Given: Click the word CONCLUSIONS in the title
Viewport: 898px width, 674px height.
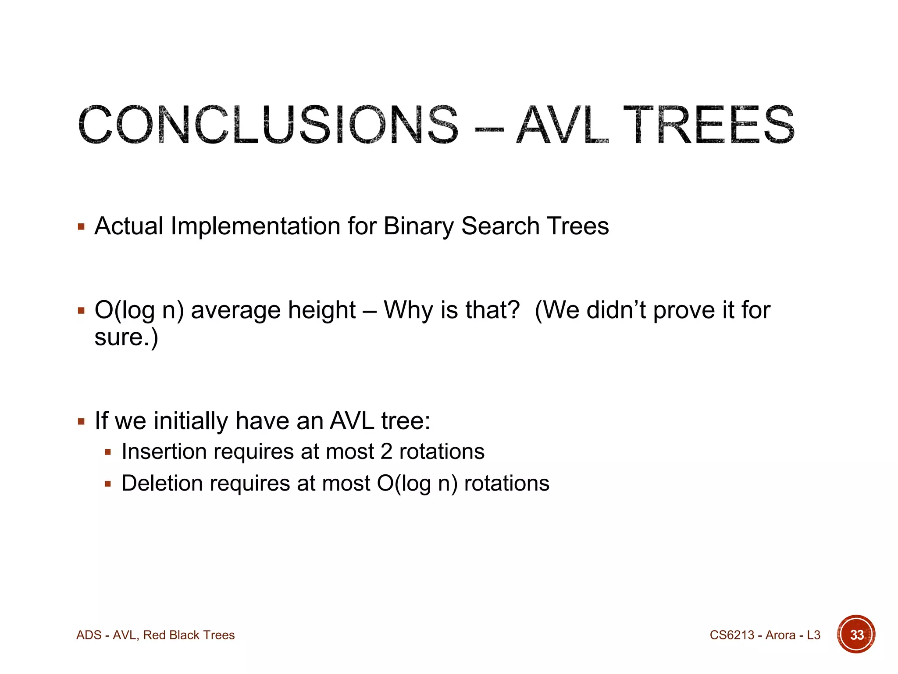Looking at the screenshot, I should (268, 125).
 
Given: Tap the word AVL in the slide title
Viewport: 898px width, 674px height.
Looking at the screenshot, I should (563, 125).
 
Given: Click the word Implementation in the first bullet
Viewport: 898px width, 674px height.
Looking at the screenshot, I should (255, 227).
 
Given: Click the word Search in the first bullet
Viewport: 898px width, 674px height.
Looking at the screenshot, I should (500, 226).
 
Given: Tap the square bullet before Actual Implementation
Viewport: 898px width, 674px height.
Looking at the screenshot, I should (81, 227).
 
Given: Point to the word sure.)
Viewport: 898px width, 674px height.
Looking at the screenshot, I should (126, 337).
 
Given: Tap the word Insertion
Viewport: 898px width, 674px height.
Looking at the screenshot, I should (164, 452).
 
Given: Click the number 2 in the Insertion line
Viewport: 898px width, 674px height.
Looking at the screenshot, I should (386, 452).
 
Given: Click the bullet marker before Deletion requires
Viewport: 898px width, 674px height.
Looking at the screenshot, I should (108, 484).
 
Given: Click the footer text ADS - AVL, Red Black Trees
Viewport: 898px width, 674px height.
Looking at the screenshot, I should (155, 635).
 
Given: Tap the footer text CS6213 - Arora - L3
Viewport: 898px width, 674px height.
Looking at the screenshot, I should (765, 635).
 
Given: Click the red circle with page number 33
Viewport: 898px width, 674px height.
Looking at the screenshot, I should (856, 635).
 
